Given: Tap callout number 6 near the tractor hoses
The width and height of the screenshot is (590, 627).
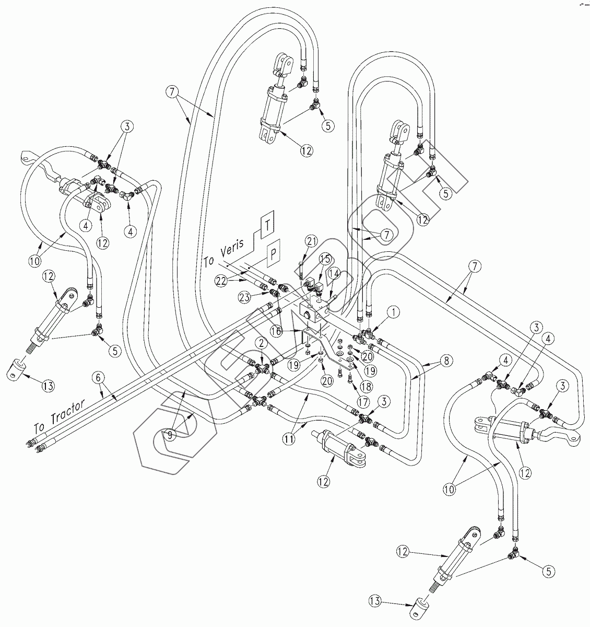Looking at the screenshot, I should click(x=97, y=376).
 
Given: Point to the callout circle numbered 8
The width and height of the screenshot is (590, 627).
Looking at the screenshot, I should click(x=431, y=361).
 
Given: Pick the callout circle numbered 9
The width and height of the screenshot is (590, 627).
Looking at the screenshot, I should click(x=170, y=433).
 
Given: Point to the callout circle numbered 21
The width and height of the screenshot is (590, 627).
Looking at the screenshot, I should click(x=312, y=241).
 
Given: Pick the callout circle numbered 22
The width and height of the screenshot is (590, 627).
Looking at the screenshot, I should click(x=222, y=281).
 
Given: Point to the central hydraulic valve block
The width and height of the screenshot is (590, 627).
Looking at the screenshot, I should click(x=315, y=312).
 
